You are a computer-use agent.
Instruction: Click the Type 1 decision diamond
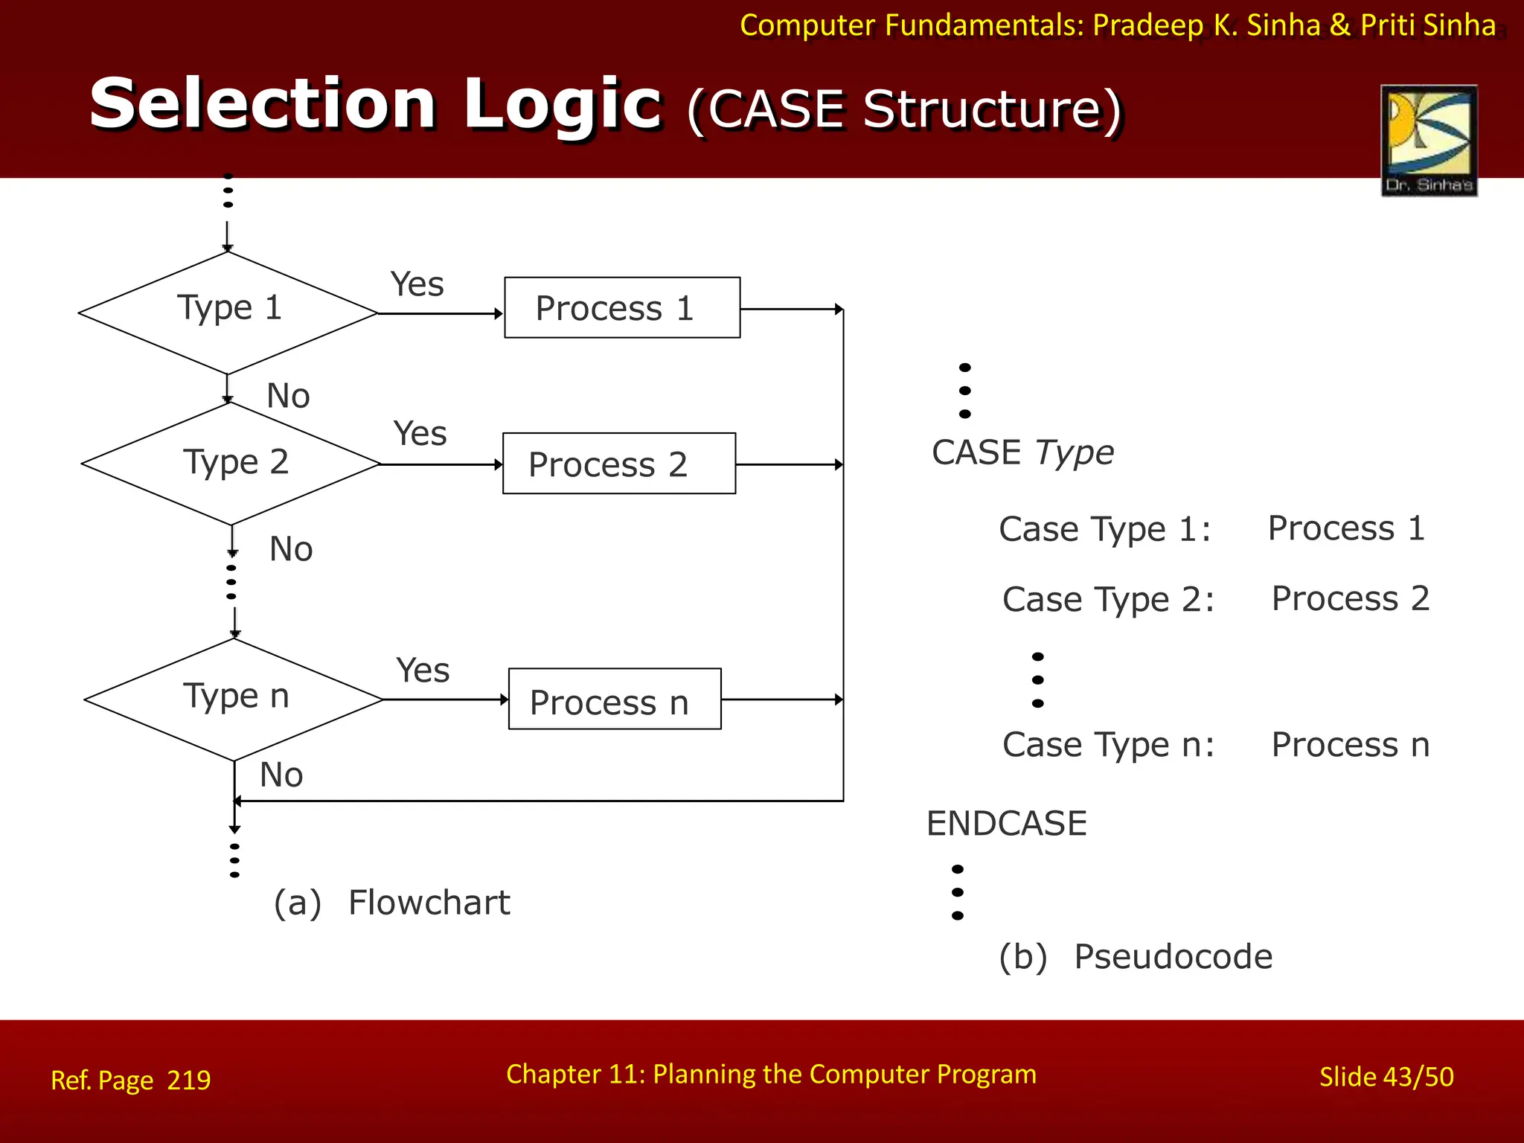pos(228,313)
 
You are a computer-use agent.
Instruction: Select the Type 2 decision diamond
pos(231,464)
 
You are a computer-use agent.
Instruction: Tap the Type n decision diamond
pos(234,699)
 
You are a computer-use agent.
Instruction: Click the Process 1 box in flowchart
pos(622,307)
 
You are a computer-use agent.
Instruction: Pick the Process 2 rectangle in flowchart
pos(619,463)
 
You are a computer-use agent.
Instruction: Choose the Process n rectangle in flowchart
pos(615,699)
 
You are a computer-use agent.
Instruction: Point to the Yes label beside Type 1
pos(417,284)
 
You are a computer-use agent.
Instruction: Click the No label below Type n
pos(281,775)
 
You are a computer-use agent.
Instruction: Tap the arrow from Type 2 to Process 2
pos(441,464)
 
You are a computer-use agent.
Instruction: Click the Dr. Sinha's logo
pos(1429,140)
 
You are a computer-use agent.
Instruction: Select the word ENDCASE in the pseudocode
pos(1006,823)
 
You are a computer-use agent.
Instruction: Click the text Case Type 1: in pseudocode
pos(1105,529)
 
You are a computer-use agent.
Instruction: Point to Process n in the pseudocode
pos(1350,744)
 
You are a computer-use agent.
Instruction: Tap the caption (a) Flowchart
pos(392,903)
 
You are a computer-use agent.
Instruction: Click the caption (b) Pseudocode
pos(1136,956)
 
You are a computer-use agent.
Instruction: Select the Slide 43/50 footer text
pos(1386,1077)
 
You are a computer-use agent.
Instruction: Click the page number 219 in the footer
pos(189,1080)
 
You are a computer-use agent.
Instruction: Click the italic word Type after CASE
pos(1075,452)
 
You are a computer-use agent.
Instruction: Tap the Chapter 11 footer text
pos(771,1074)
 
